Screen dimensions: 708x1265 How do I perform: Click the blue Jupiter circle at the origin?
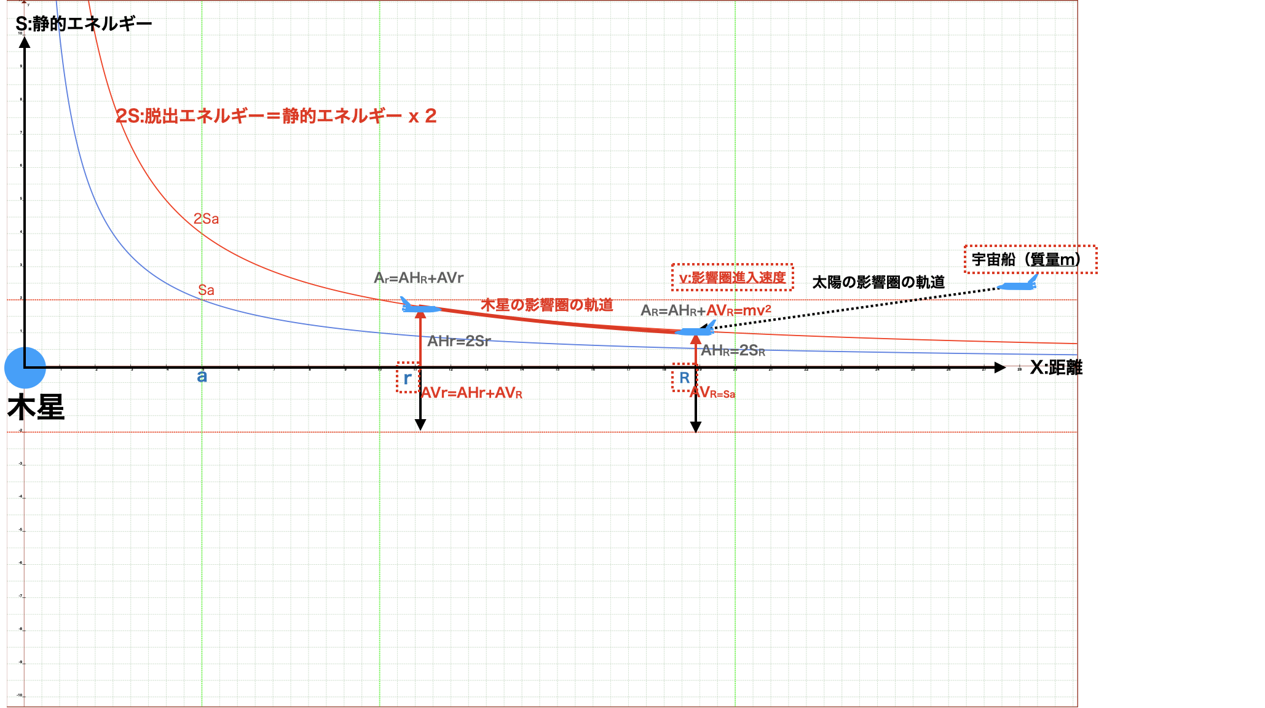[25, 368]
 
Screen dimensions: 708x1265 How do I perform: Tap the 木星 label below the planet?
[36, 407]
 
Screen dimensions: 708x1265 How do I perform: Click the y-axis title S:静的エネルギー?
[84, 24]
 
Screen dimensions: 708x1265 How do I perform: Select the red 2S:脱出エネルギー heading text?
[276, 116]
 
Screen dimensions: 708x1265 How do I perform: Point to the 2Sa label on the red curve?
[206, 219]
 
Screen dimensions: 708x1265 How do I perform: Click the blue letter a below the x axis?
[202, 377]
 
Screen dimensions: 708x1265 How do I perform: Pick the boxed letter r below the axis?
[408, 378]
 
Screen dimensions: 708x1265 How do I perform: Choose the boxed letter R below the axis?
[684, 378]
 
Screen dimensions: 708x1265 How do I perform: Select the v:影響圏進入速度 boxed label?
[732, 278]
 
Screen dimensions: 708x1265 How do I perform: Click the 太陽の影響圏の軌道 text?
[878, 282]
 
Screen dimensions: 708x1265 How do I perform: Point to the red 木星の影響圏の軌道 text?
[546, 305]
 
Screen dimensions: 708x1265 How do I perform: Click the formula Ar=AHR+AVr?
[419, 278]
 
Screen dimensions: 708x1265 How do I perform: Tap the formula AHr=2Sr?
[459, 341]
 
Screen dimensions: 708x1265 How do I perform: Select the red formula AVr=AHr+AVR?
[471, 393]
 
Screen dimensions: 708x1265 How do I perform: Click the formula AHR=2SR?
[733, 350]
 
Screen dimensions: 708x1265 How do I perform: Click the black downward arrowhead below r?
[420, 425]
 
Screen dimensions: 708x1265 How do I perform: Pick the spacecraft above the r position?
[420, 306]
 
